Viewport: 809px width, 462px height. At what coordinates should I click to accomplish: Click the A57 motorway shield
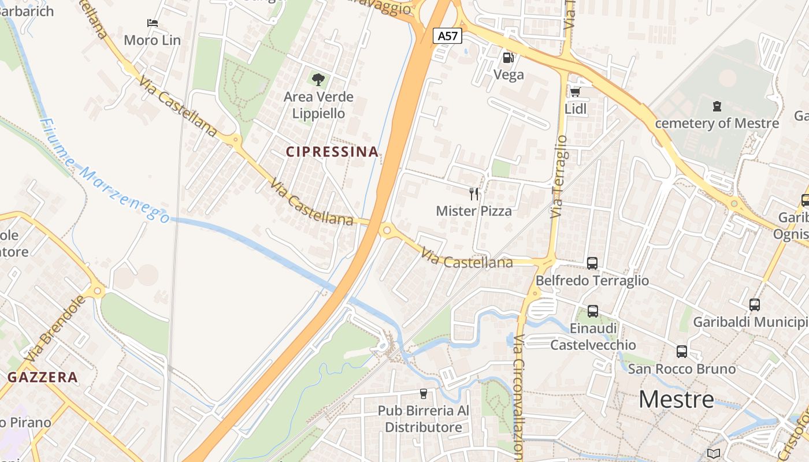click(447, 36)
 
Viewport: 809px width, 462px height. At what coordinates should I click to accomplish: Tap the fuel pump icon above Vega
click(509, 57)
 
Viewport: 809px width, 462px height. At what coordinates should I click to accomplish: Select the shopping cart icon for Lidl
click(575, 92)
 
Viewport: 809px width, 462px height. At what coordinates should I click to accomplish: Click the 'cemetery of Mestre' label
click(717, 123)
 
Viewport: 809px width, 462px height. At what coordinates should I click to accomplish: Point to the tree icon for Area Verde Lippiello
click(318, 79)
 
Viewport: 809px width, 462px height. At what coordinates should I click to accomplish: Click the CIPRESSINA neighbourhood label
click(332, 152)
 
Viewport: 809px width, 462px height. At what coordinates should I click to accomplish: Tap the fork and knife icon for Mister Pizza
click(474, 193)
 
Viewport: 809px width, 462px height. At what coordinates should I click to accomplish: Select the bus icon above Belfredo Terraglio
click(592, 263)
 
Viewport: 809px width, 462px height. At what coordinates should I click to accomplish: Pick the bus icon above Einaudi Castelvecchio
click(593, 311)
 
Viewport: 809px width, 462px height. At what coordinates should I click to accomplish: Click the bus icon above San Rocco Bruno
click(682, 352)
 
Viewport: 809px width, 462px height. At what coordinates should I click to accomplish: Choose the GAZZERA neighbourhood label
click(43, 378)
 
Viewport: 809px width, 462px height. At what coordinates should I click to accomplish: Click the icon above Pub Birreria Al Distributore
click(424, 394)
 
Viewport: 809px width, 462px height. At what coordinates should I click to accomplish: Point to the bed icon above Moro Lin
click(153, 23)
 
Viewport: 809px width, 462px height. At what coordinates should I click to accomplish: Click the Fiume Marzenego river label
click(104, 171)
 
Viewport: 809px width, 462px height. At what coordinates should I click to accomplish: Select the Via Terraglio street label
click(559, 176)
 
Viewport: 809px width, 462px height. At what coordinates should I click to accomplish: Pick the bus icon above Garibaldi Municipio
click(754, 305)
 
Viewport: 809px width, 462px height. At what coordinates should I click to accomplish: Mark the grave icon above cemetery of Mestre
click(717, 106)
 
